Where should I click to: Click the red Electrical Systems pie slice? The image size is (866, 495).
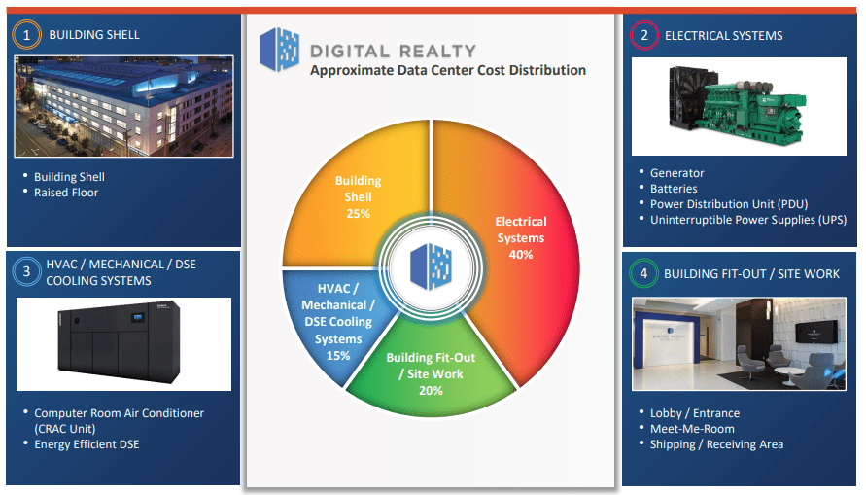pos(525,282)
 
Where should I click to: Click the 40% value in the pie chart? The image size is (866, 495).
pos(521,255)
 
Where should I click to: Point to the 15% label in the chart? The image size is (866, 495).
pos(337,356)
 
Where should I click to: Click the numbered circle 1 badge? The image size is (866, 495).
pos(27,35)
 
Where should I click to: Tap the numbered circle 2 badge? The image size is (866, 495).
pos(642,35)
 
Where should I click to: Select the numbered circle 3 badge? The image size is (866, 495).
pos(27,272)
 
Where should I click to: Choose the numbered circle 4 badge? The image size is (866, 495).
pos(642,273)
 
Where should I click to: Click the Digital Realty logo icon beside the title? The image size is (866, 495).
pos(279,51)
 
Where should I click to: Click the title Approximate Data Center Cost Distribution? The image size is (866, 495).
pos(448,70)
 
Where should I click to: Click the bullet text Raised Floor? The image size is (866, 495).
pos(66,193)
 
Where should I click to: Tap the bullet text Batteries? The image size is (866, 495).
pos(674,189)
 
